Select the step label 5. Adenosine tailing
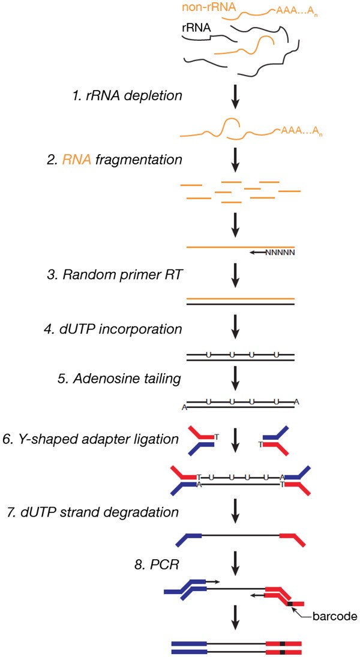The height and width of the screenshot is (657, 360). coord(134,379)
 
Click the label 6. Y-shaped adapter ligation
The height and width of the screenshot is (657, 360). coord(91,439)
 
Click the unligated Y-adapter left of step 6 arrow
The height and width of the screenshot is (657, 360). coord(202,440)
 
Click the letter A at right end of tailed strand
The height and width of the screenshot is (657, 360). coord(297,401)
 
